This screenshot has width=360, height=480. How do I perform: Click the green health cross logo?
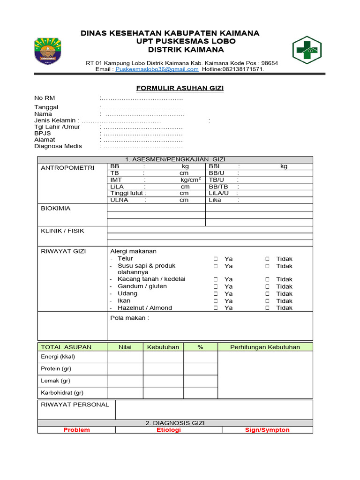pos(307,50)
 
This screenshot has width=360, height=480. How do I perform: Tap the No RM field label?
pos(45,98)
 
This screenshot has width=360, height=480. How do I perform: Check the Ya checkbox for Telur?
pos(216,259)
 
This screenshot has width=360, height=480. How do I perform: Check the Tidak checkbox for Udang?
pos(267,294)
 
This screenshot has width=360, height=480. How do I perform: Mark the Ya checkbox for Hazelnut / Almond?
pos(216,308)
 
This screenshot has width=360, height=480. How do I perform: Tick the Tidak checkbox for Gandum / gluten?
pos(267,286)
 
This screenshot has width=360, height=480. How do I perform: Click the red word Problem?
pos(76,430)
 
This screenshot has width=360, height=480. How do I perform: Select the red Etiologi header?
pos(169,430)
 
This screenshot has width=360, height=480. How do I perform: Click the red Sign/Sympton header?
pos(267,430)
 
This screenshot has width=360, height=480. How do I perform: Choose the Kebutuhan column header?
pos(163,347)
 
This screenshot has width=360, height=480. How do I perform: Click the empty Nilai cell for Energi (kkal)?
pos(125,357)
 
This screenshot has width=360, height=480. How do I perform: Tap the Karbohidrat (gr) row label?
pos(62,393)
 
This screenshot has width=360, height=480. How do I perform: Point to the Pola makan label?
pos(129,318)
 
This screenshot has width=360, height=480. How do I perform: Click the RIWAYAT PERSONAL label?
pos(75,405)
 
